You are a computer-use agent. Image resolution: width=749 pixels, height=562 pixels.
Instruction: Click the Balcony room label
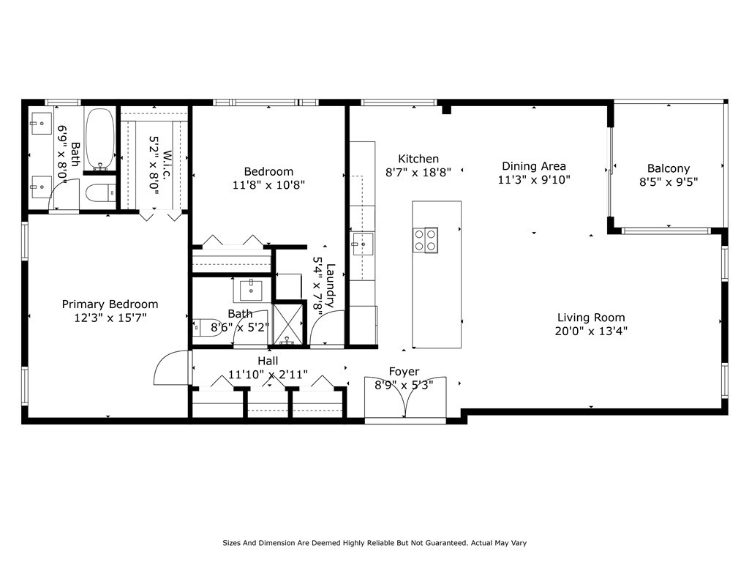669,168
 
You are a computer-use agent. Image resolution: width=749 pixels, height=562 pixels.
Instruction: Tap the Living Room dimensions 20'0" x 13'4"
591,331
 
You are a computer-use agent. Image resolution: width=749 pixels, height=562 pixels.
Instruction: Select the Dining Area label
533,166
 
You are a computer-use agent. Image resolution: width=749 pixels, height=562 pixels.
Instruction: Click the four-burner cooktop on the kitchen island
425,240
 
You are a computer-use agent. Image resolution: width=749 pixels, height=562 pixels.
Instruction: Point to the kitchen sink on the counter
363,244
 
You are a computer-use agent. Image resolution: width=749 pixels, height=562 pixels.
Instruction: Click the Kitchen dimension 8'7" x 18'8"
418,172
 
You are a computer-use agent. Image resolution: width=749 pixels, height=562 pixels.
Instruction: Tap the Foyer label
404,371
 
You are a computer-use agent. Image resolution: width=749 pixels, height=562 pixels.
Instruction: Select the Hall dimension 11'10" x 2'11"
268,374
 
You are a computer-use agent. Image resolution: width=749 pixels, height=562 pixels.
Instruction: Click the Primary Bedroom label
110,304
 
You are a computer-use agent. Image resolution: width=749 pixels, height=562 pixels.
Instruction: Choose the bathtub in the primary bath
99,139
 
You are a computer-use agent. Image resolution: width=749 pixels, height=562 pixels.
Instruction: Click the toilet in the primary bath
101,193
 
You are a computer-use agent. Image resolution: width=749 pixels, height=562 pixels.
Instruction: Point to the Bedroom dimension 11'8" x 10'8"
268,184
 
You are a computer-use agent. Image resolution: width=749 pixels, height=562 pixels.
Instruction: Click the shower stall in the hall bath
287,324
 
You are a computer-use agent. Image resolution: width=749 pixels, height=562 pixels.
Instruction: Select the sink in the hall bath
251,290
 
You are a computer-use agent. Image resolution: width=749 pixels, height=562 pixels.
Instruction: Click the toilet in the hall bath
207,328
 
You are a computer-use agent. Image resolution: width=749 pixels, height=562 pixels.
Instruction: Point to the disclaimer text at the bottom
374,543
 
